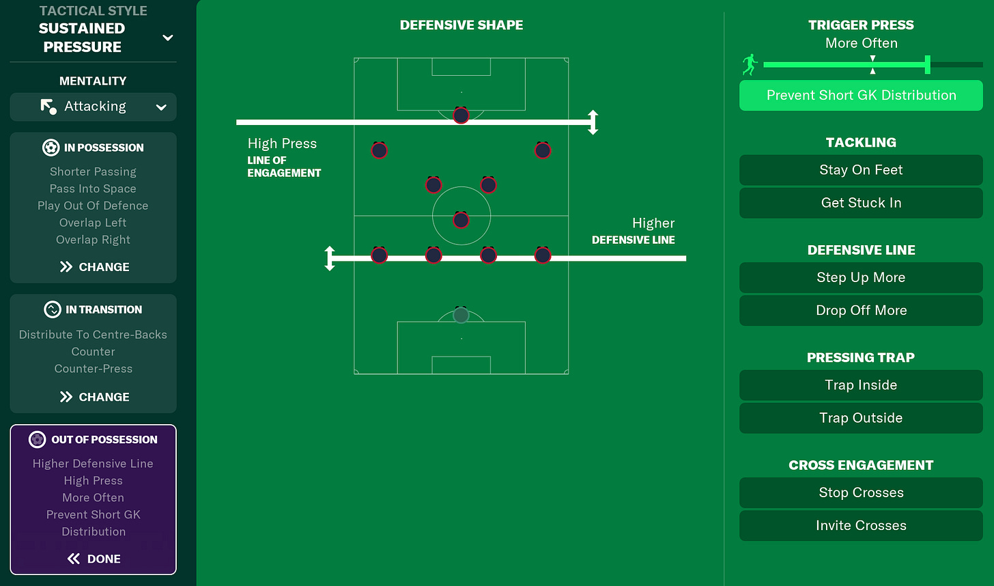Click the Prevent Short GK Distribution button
tap(861, 96)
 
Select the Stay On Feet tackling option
tap(861, 170)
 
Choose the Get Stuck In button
tap(861, 203)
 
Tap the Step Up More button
tap(861, 277)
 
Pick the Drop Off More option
tap(861, 310)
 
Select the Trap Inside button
tap(861, 385)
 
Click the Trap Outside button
tap(861, 418)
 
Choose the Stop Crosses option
tap(861, 492)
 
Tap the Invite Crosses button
tap(861, 525)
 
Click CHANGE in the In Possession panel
tap(94, 267)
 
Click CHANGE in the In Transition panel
tap(94, 397)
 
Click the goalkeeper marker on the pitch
tap(461, 315)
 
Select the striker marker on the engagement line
tap(461, 115)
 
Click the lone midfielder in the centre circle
tap(461, 220)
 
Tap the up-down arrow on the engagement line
tap(593, 122)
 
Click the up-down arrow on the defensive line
tap(330, 258)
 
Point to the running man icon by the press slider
tap(750, 65)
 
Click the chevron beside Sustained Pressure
tap(167, 38)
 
